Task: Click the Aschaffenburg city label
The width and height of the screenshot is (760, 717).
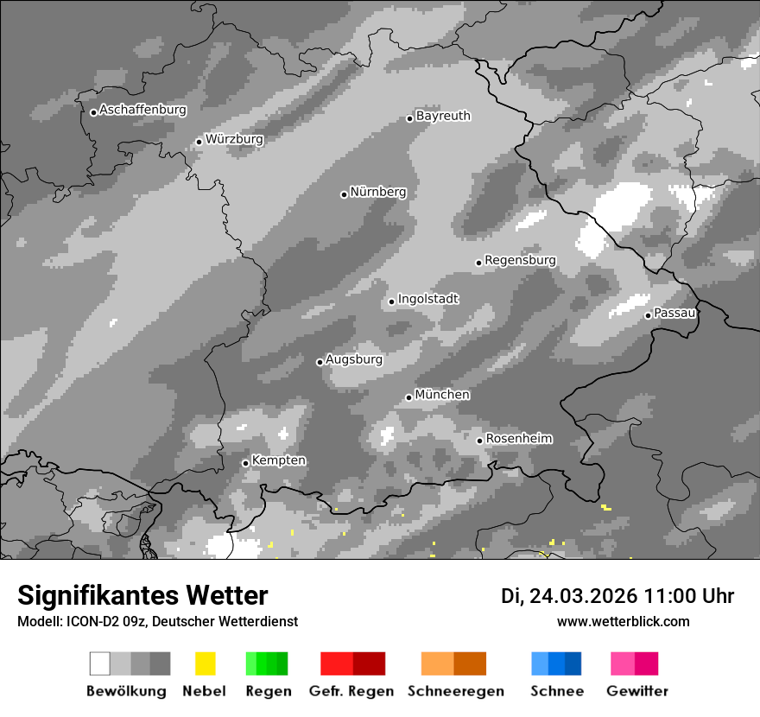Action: tap(142, 110)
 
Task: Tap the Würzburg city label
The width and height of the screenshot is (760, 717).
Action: tap(234, 139)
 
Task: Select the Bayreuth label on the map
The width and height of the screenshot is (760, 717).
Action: tap(443, 116)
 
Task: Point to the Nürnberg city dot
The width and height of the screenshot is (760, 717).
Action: tap(344, 194)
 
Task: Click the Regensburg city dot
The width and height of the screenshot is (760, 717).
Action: tap(478, 263)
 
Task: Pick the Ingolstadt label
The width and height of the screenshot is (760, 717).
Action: tap(428, 299)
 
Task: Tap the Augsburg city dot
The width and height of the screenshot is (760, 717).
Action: tap(320, 362)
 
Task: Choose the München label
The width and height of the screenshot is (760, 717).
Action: tap(442, 395)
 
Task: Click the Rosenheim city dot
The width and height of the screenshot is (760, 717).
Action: tap(479, 441)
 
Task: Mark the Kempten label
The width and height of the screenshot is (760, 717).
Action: tap(278, 460)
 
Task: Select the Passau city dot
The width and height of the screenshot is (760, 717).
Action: tap(648, 315)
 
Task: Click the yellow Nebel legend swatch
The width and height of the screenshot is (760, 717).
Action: tap(205, 663)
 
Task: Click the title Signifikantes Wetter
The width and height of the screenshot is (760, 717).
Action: tap(142, 595)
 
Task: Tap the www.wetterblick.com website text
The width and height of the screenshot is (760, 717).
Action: tap(623, 621)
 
